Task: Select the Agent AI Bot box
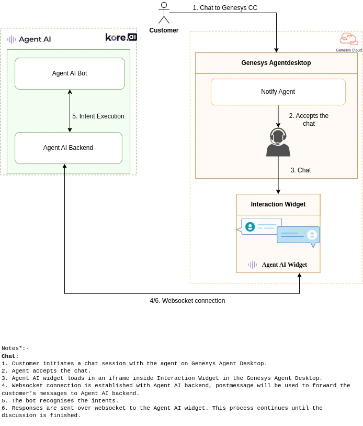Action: point(70,73)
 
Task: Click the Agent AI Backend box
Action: point(68,148)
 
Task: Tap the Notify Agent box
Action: point(278,92)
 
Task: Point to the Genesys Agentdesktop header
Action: point(276,63)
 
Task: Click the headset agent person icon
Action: point(278,143)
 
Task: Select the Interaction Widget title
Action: point(278,204)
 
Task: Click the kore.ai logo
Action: point(121,37)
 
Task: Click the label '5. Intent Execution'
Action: point(98,116)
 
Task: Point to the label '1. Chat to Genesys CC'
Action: point(225,8)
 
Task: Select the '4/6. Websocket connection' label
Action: point(187,301)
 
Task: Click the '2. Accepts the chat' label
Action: point(309,119)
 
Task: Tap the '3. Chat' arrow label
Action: point(301,170)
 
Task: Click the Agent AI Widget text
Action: point(284,265)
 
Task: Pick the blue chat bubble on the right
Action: point(298,235)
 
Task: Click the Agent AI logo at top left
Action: point(29,39)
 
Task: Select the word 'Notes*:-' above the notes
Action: point(15,348)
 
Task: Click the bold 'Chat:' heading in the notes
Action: point(10,356)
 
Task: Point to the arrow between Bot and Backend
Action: point(70,111)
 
